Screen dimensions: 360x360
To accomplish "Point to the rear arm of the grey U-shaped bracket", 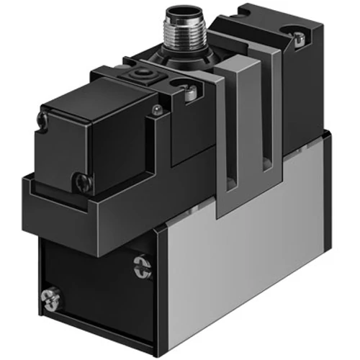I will [270, 115].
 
